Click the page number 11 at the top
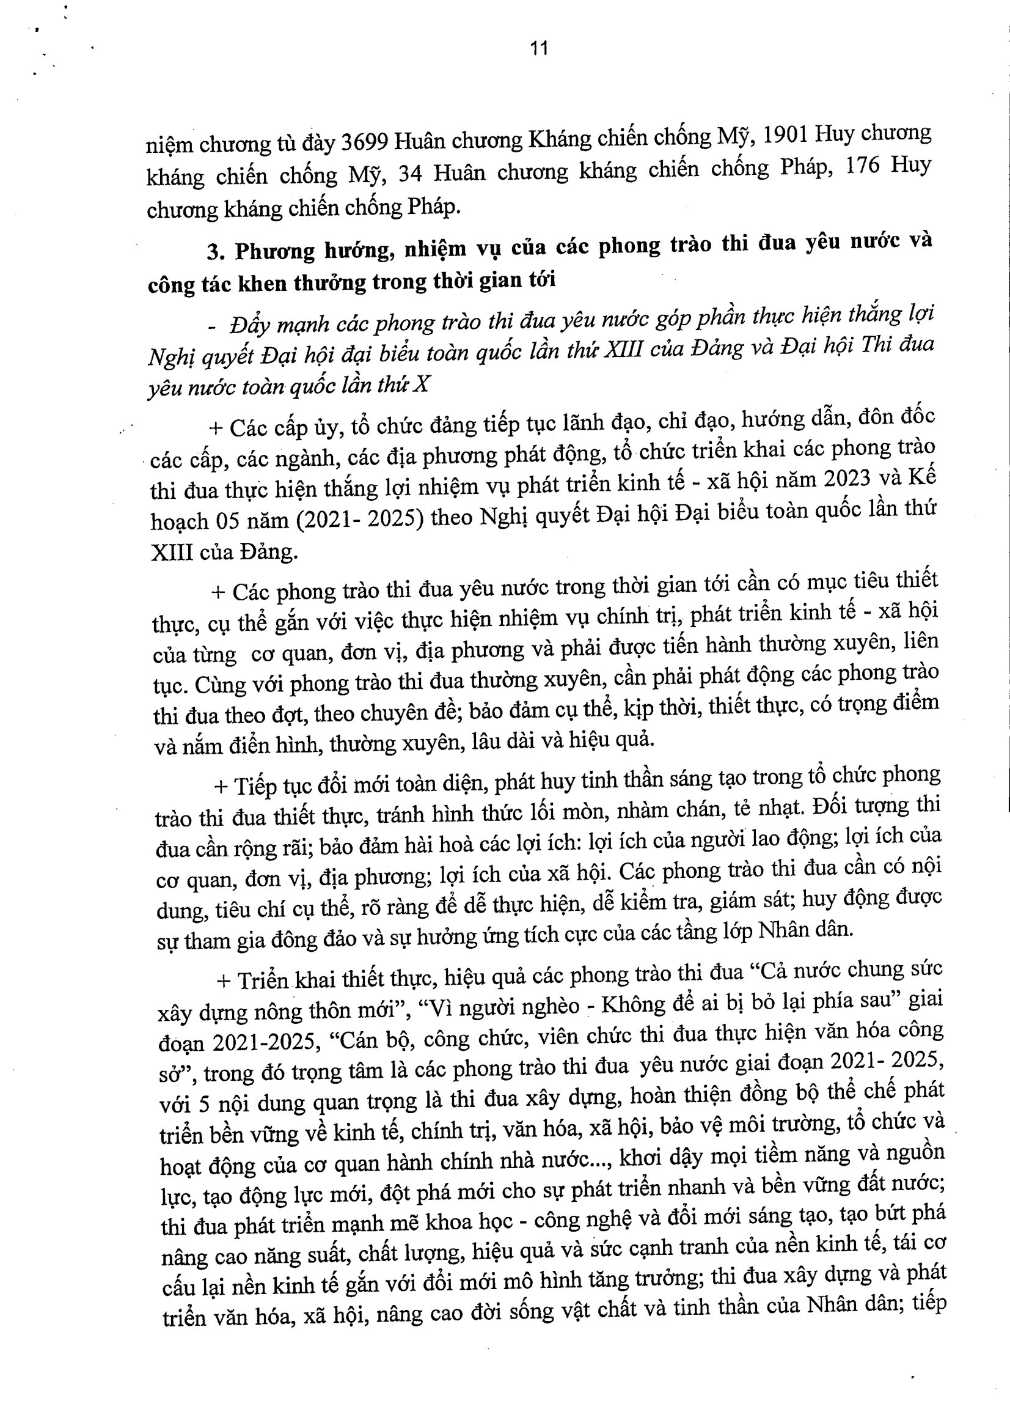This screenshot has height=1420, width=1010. click(539, 48)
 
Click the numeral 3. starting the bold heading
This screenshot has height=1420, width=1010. click(215, 251)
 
